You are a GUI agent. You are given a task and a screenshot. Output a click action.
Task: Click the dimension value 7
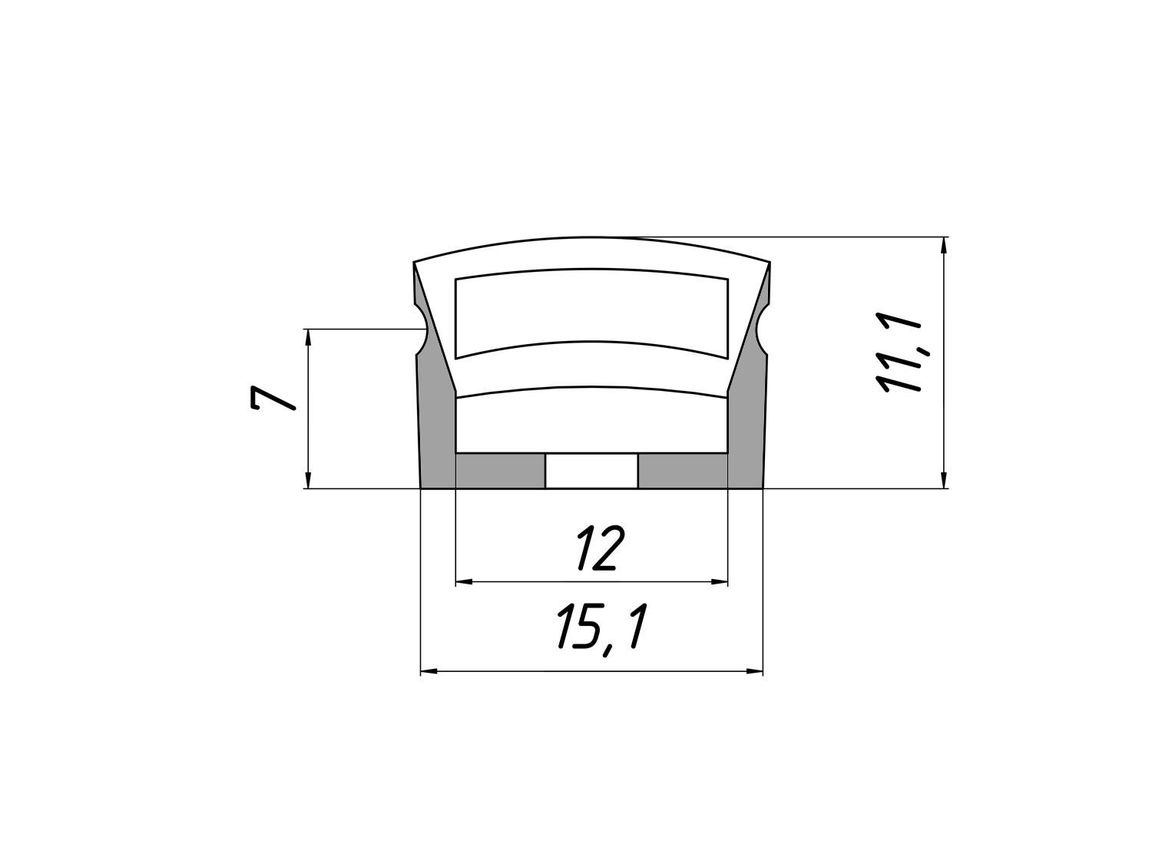point(273,399)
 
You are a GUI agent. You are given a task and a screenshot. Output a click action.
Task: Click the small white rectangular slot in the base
point(591,471)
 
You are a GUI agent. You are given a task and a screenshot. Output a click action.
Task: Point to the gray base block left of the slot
point(500,471)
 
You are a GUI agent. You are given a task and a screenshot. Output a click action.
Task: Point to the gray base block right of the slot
point(682,471)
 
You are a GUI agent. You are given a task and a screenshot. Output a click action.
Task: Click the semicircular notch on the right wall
point(762,329)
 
